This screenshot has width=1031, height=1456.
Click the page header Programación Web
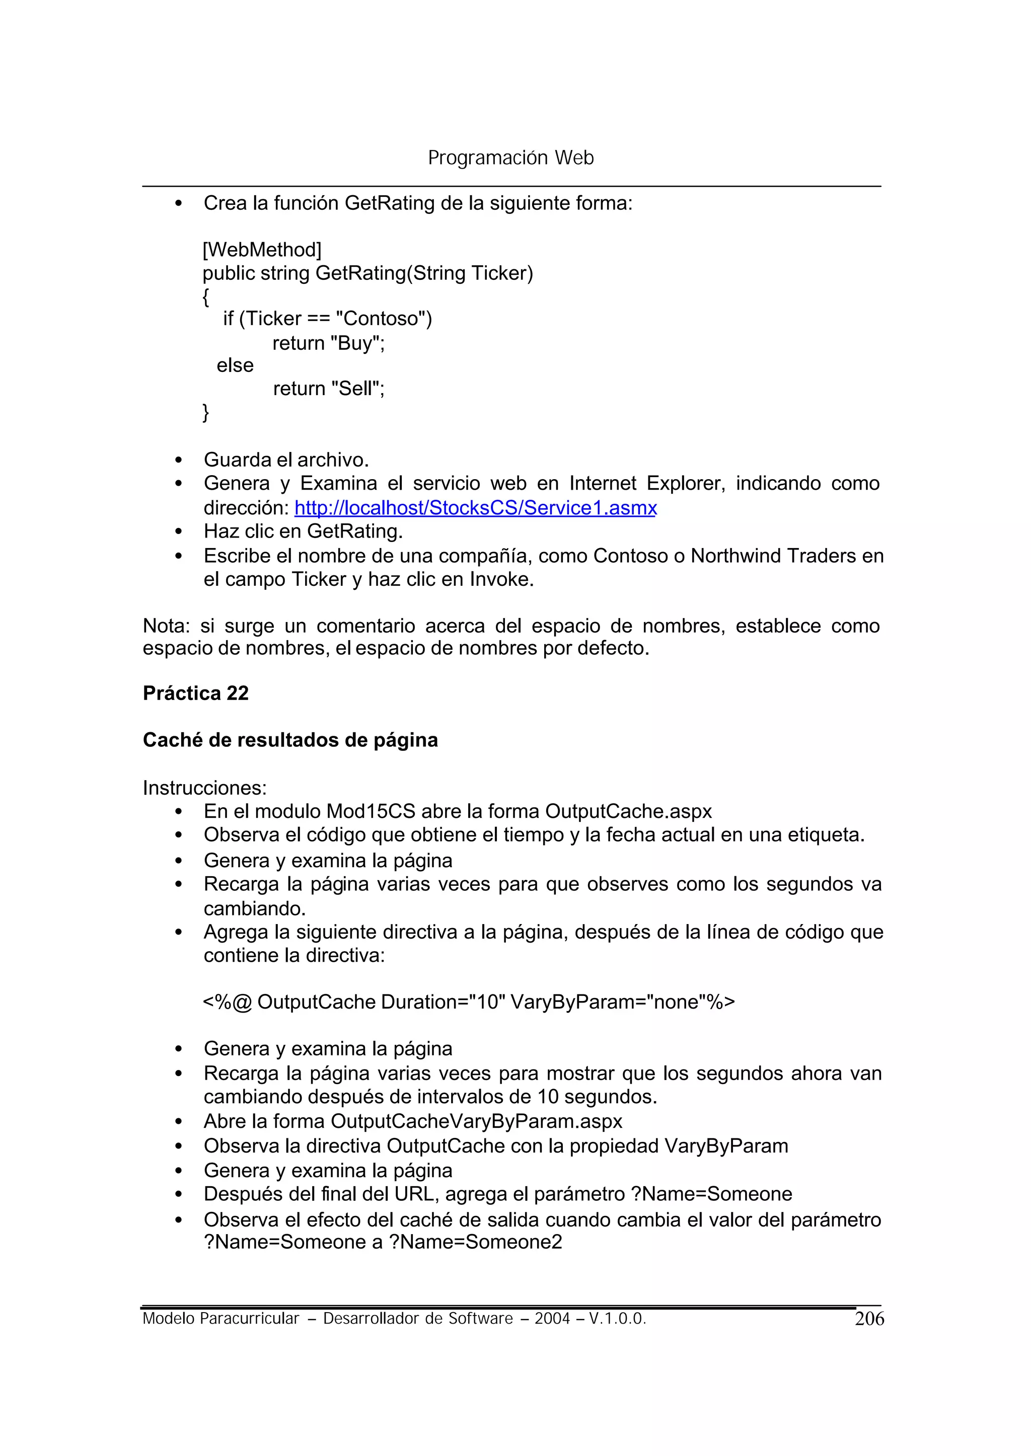[510, 158]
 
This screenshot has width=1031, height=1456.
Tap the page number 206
[869, 1319]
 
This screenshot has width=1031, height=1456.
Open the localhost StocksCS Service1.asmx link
[476, 508]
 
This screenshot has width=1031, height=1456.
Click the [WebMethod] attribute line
[262, 250]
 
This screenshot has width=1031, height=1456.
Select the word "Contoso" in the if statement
[381, 319]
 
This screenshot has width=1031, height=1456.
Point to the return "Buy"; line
[328, 343]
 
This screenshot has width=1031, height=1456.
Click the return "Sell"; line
[328, 389]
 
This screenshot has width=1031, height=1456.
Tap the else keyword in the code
[235, 365]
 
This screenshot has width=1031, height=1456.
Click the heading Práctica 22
[195, 693]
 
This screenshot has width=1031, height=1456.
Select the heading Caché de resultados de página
[290, 740]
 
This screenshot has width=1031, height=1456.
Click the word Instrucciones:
[204, 788]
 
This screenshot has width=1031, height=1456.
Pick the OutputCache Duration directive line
[469, 1002]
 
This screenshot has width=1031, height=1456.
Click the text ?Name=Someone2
[476, 1242]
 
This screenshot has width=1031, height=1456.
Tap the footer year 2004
[552, 1319]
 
